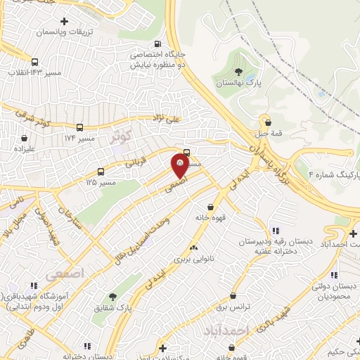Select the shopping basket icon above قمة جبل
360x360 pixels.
click(x=268, y=123)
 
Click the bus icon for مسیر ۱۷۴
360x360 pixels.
click(x=79, y=128)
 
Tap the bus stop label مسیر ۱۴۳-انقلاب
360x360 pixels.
click(x=34, y=72)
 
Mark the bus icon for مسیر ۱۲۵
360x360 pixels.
click(x=101, y=172)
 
